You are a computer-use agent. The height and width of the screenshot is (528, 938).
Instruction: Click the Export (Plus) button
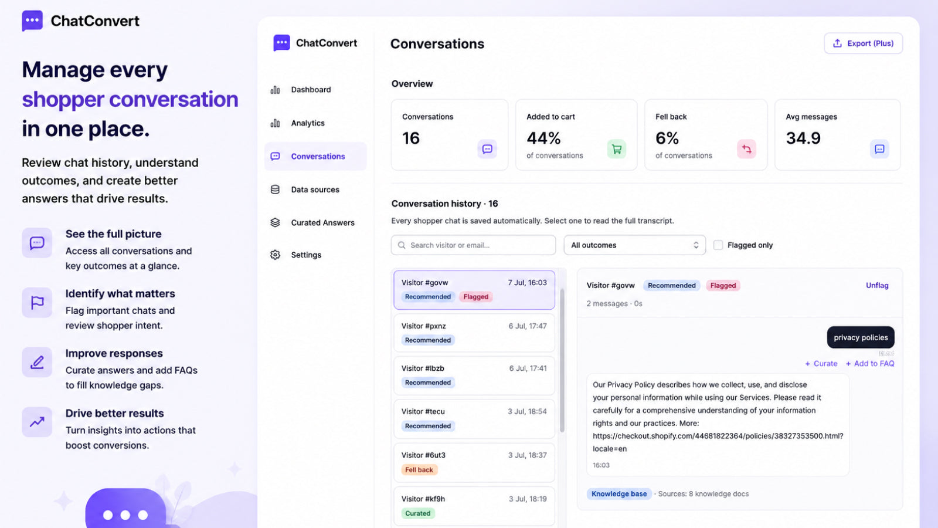coord(863,43)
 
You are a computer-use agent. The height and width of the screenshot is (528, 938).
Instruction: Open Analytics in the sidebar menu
coord(308,123)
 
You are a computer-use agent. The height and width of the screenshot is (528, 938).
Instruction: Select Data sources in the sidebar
coord(315,189)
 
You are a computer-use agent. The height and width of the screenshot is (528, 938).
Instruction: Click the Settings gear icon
coord(275,255)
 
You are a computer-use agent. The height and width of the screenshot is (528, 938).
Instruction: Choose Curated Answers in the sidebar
coord(322,222)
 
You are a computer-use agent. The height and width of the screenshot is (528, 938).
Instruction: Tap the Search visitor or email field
coord(473,245)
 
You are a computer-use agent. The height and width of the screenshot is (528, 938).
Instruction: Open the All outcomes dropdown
coord(634,245)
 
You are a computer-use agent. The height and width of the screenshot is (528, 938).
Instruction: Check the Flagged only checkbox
coord(718,245)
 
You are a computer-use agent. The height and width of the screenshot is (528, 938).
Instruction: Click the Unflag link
coord(877,285)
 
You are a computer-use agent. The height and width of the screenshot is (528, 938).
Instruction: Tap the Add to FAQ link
coord(870,363)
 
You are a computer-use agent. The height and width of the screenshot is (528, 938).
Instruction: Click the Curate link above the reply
coord(821,363)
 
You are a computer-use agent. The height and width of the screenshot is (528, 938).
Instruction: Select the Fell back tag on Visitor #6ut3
coord(419,470)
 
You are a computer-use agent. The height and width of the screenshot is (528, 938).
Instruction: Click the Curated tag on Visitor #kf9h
coord(417,513)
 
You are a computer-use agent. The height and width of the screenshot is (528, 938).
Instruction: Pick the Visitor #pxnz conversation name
coord(423,326)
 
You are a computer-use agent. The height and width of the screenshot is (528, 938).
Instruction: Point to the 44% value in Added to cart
coord(543,138)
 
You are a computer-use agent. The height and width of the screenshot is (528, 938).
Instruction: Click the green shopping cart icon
coord(616,149)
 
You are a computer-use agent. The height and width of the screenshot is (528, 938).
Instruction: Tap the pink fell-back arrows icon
coord(746,149)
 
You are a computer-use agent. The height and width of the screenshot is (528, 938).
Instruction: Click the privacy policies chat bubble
coord(861,337)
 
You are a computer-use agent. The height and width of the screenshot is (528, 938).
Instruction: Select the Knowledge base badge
coord(619,493)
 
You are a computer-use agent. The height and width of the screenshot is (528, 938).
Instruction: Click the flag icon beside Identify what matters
coord(38,302)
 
